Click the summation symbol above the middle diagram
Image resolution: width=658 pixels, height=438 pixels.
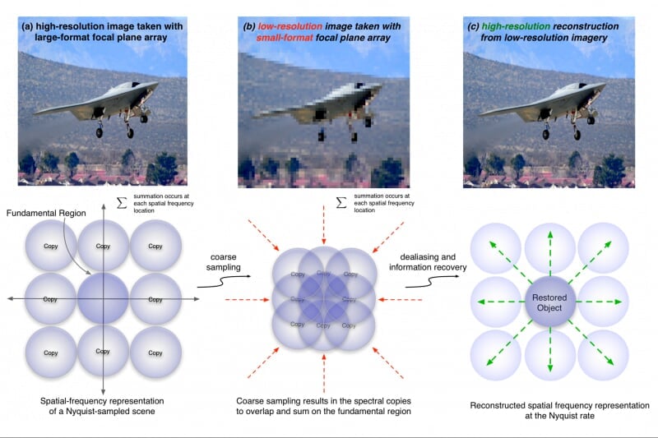pos(341,202)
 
